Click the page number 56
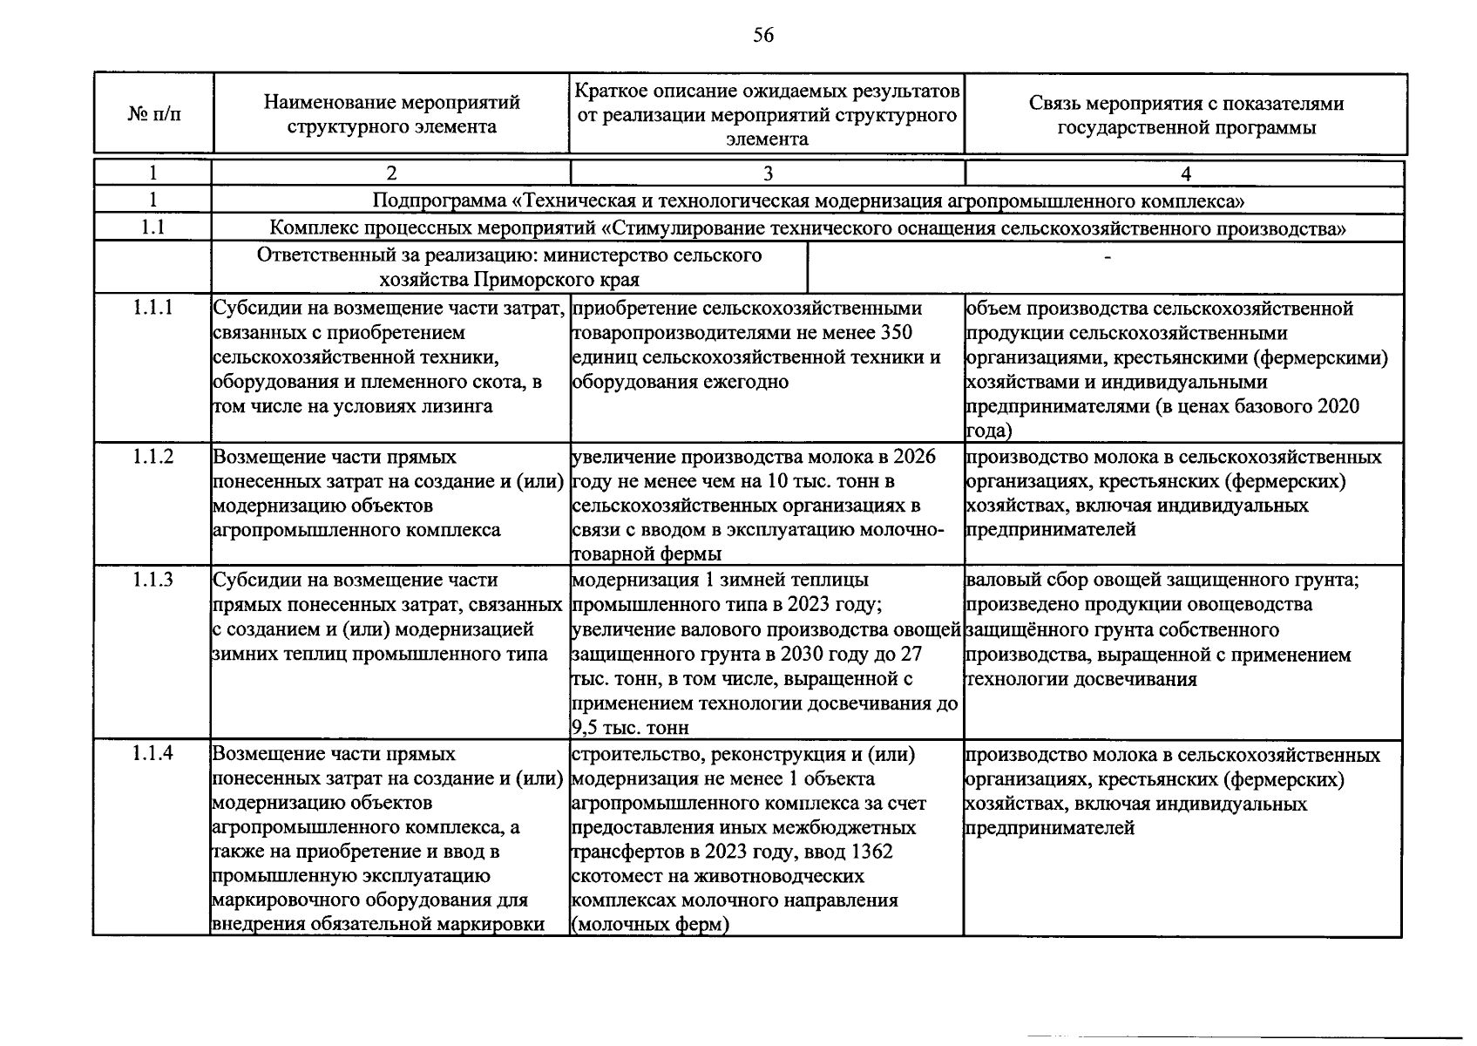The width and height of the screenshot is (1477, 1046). click(762, 36)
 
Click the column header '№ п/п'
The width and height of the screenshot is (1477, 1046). click(154, 115)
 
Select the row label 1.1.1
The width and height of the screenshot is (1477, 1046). click(153, 308)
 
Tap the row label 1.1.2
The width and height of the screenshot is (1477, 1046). click(153, 456)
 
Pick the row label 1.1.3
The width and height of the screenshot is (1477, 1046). click(153, 579)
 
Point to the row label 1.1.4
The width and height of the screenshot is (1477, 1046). click(153, 753)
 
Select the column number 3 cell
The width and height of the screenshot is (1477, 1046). click(767, 173)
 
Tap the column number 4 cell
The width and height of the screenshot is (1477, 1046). click(1185, 173)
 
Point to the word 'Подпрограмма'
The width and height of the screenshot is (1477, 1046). click(439, 200)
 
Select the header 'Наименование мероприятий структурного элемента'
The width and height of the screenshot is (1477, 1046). click(391, 114)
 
